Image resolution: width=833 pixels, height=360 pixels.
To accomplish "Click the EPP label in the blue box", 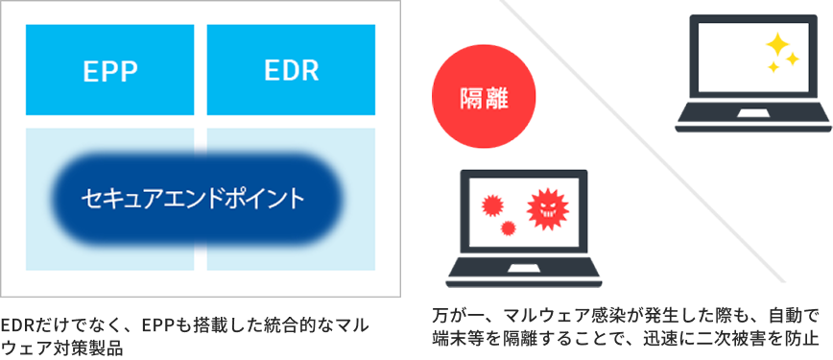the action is point(110,71).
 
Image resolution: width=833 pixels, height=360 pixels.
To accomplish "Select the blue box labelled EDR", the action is point(291,70).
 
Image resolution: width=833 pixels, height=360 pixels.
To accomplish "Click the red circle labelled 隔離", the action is point(484,97).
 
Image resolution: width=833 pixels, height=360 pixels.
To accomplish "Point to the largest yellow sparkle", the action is point(777,44).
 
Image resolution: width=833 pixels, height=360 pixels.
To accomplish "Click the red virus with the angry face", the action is point(547,209).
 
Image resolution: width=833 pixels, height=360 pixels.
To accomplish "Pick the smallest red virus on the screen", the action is point(509,228).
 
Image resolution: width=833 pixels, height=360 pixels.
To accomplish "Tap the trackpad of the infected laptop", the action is point(523,269).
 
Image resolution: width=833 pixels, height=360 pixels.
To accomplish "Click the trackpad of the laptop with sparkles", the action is point(752,114).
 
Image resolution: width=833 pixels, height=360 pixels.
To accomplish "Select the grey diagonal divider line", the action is point(644,141).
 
